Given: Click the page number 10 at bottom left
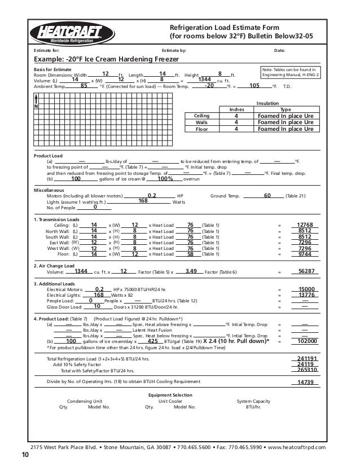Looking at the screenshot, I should point(24,455).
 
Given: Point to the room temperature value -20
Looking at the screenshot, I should point(209,86).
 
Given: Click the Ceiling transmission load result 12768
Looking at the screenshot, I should point(305,225).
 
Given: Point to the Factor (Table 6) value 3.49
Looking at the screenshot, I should point(190,271).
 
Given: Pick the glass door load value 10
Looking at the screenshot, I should point(97,307).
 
